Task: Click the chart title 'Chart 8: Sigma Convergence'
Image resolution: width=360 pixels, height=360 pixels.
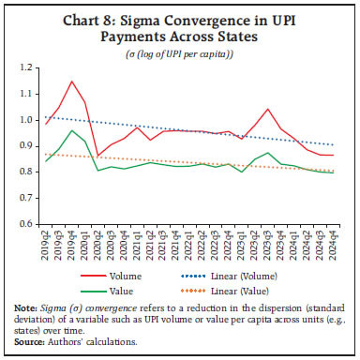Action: (179, 25)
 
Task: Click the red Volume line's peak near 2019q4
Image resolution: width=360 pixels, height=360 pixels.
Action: (71, 81)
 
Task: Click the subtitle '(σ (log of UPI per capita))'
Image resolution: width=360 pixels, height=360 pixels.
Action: (179, 57)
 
